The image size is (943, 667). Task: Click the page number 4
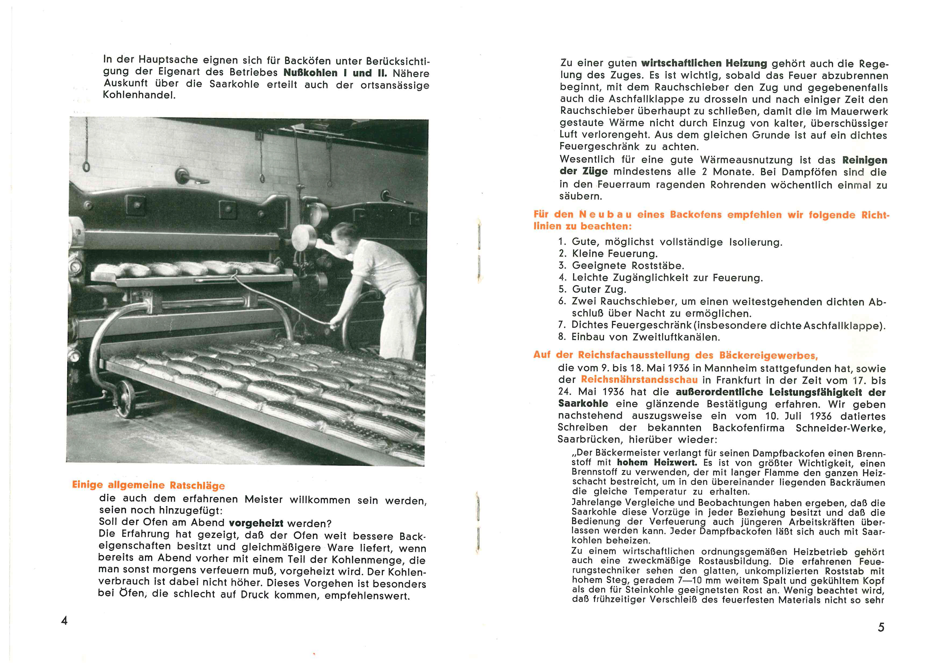tap(65, 620)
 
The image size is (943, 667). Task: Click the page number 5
tap(881, 627)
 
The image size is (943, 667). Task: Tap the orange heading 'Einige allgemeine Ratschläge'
tap(148, 485)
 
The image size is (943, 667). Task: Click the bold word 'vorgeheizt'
tap(256, 523)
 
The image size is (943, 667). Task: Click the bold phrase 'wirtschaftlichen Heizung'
tap(704, 63)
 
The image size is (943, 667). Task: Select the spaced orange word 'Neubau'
tap(605, 214)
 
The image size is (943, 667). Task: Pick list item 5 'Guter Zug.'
tap(599, 290)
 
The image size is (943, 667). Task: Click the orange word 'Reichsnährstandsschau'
tap(639, 380)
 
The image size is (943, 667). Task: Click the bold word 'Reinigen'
tap(864, 160)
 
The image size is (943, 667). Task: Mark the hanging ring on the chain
tap(87, 166)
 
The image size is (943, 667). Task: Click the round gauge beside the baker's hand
tap(304, 237)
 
